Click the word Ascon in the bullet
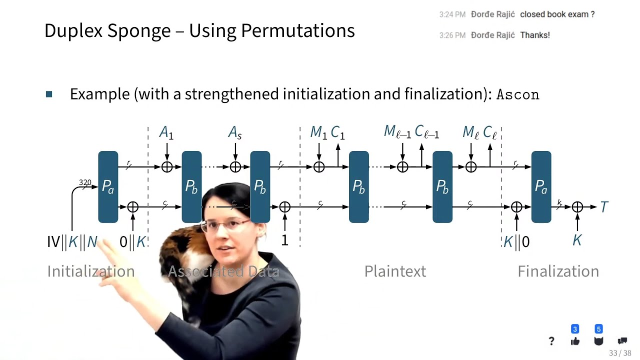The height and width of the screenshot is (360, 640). tap(517, 94)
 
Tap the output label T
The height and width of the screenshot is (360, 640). tap(604, 207)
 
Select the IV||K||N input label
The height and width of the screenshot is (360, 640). tap(72, 242)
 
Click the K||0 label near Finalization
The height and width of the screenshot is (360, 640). tap(516, 242)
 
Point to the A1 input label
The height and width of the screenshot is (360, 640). tap(166, 132)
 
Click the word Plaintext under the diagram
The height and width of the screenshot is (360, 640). tap(395, 271)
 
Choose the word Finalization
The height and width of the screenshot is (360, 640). tap(558, 271)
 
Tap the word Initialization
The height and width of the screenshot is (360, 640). tap(90, 271)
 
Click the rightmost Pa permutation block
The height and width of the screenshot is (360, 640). tap(541, 186)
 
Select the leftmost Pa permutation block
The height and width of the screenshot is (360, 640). tap(108, 186)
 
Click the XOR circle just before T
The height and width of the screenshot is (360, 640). tap(577, 207)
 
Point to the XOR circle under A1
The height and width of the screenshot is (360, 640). tap(167, 167)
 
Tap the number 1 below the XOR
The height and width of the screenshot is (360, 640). tap(284, 240)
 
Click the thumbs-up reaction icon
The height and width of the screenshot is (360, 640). tap(575, 341)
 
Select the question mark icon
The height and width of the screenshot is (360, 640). tap(551, 341)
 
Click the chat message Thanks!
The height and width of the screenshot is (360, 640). tap(534, 35)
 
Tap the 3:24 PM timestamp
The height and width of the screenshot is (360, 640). tap(452, 14)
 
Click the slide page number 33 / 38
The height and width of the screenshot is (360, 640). tap(620, 353)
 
